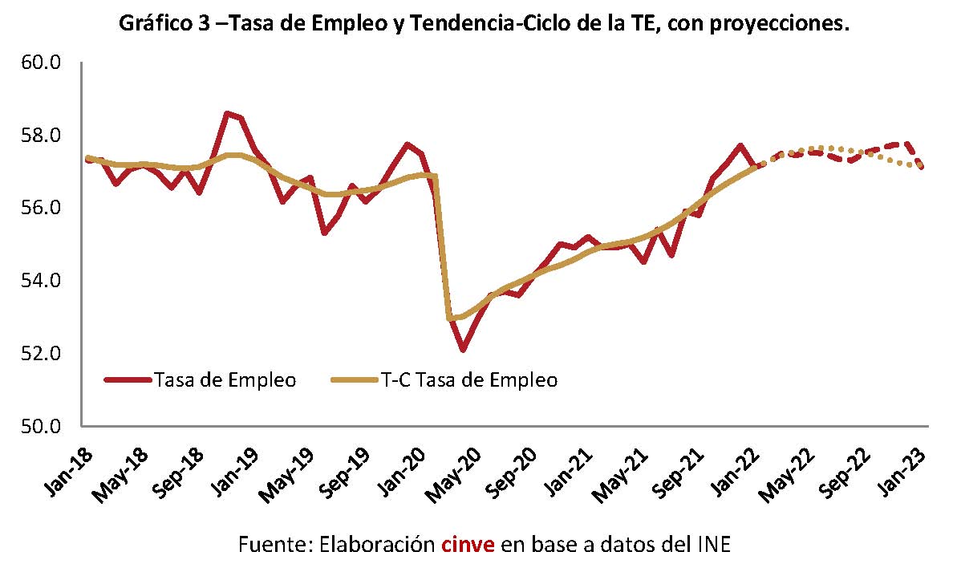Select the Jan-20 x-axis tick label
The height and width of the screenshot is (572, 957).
402,471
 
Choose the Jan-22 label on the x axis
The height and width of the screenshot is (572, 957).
736,471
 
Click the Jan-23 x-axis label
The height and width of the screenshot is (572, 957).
902,471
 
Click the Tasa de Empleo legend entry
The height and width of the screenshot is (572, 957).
201,380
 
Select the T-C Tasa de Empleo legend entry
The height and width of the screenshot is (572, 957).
444,380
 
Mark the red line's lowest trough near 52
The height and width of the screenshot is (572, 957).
463,350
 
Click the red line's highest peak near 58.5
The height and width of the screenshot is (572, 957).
227,113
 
